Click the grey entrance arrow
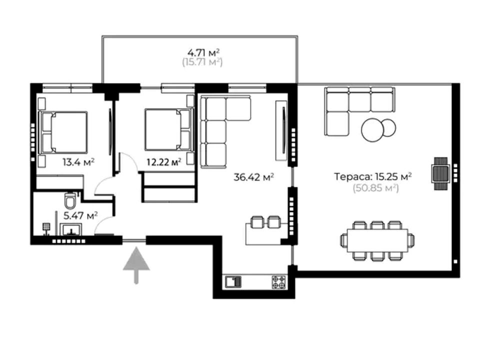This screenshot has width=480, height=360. (136, 265)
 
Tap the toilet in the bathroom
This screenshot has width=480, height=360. (70, 200)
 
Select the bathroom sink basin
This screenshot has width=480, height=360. (70, 229)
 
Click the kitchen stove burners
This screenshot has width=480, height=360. (279, 282)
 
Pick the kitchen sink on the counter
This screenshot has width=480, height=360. (233, 282)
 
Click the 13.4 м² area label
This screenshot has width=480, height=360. (78, 161)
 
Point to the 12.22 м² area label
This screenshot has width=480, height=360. (164, 161)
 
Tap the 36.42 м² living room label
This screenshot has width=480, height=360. (254, 177)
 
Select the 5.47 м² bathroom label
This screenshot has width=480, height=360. (80, 215)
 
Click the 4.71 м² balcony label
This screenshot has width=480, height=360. (204, 52)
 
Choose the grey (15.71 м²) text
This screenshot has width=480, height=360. (202, 62)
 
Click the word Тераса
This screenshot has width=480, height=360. (353, 176)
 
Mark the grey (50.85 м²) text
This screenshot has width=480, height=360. (376, 187)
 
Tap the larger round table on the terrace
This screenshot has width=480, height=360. (372, 130)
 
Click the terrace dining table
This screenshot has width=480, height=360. (377, 240)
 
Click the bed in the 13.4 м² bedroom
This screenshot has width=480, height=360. (63, 132)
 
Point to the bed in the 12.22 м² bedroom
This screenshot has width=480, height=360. (169, 129)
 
